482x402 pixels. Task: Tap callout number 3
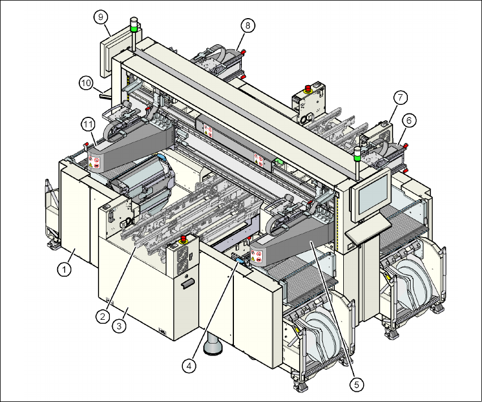pyautogui.click(x=119, y=326)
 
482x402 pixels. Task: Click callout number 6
pyautogui.click(x=408, y=120)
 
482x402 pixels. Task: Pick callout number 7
pyautogui.click(x=399, y=98)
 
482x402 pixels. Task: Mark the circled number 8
pyautogui.click(x=248, y=26)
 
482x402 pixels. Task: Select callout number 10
pyautogui.click(x=86, y=83)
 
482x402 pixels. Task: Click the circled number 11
pyautogui.click(x=87, y=123)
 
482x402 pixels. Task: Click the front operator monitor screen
pyautogui.click(x=372, y=192)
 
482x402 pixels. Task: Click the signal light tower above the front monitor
pyautogui.click(x=357, y=155)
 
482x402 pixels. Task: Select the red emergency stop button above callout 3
pyautogui.click(x=183, y=240)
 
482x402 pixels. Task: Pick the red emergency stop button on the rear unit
pyautogui.click(x=309, y=88)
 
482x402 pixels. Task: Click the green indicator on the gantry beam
pyautogui.click(x=279, y=162)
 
